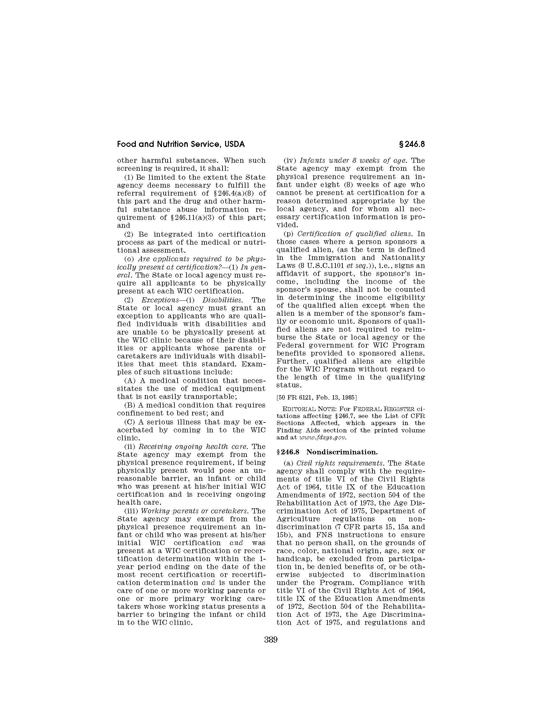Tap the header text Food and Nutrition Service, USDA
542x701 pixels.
click(181, 144)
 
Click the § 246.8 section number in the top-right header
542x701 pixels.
click(412, 144)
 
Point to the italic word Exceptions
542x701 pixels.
click(160, 300)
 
